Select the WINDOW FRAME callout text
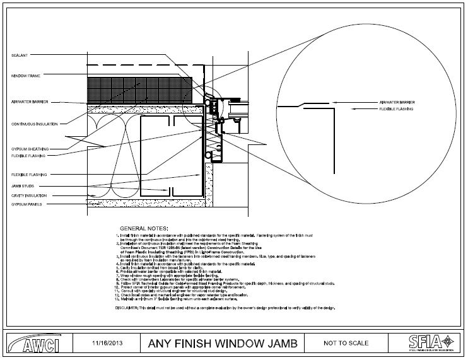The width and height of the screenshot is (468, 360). [x=25, y=76]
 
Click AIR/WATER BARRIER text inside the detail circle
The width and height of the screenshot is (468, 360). [x=397, y=101]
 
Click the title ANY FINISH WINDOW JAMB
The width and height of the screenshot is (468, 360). [x=218, y=344]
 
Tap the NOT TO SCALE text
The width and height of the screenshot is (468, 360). [x=346, y=344]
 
